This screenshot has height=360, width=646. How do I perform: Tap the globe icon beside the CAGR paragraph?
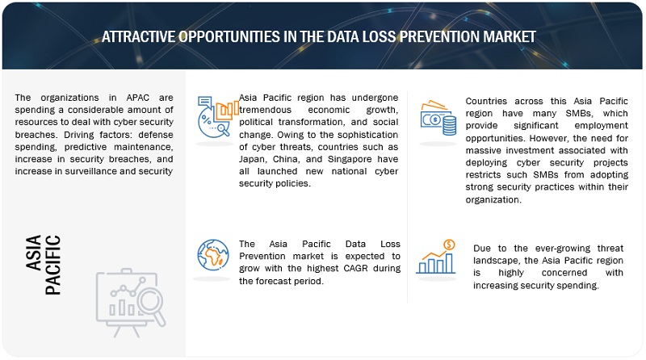[x=213, y=255]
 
